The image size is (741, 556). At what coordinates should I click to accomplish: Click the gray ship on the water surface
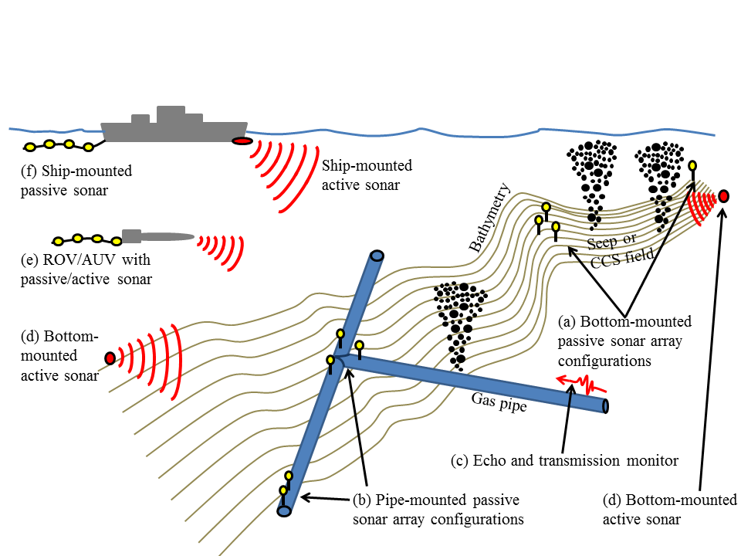174,129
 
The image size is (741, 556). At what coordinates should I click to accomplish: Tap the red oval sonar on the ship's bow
242,141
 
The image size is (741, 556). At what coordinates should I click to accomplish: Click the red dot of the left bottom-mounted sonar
110,358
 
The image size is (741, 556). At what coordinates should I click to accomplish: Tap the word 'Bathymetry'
489,218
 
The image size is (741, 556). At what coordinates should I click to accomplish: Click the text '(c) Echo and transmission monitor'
564,461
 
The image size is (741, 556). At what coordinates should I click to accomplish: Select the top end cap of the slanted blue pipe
377,256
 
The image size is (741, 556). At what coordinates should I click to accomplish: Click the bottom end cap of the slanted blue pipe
284,510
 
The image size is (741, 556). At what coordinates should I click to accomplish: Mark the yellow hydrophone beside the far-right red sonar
692,166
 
